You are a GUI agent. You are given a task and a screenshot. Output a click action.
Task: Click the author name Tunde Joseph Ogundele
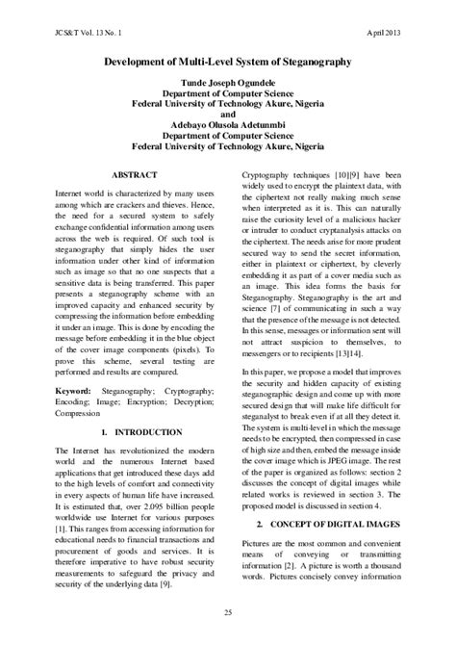click(x=227, y=84)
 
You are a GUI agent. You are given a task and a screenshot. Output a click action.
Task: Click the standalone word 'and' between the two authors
click(x=227, y=112)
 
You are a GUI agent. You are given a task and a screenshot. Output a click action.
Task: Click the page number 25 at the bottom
click(x=228, y=614)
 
